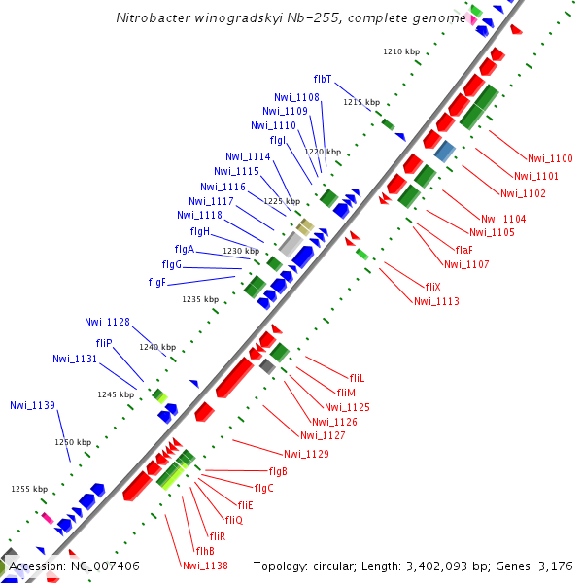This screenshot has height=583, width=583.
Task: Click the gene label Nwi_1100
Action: tap(550, 158)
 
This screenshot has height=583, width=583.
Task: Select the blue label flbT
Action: tap(323, 79)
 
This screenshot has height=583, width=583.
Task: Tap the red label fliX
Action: tap(432, 287)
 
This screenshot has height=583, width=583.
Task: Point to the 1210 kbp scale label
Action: tap(400, 51)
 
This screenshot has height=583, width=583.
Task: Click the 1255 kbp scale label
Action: tap(29, 489)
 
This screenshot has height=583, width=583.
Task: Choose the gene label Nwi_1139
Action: tap(32, 405)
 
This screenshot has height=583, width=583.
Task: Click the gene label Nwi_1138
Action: tap(205, 566)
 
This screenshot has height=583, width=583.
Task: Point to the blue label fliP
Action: tap(104, 343)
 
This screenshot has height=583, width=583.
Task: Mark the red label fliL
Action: tap(357, 377)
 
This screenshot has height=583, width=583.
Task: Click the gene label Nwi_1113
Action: tap(436, 301)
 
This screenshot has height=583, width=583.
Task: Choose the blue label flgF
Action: tap(157, 282)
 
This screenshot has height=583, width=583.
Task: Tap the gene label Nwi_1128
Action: tap(107, 322)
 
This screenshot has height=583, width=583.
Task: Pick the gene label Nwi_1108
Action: tap(296, 97)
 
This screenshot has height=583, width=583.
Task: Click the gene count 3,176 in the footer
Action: tap(556, 566)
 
